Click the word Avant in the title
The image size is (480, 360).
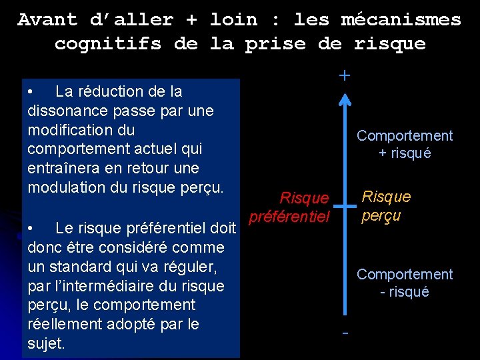[x=47, y=19]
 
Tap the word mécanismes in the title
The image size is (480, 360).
[x=401, y=19]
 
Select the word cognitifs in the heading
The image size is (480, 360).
[x=108, y=44]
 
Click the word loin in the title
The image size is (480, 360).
[x=234, y=19]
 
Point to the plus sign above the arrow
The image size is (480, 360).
[x=344, y=76]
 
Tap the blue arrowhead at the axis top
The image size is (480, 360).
[x=344, y=99]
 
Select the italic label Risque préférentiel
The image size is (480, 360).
[x=289, y=207]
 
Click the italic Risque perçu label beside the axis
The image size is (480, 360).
[x=386, y=206]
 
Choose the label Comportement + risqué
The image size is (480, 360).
[x=404, y=144]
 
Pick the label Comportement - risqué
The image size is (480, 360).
[x=404, y=283]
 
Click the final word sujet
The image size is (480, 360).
[x=45, y=344]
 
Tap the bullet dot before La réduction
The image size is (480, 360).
[x=31, y=91]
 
